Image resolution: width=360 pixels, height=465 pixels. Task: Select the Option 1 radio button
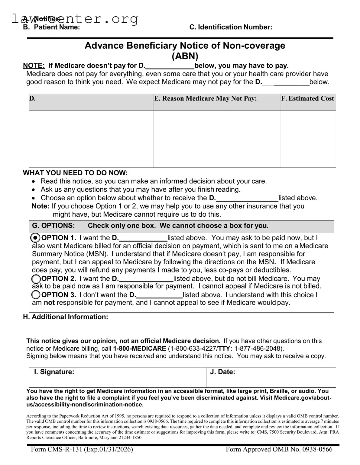[36, 238]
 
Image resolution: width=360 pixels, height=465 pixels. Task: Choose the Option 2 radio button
[36, 279]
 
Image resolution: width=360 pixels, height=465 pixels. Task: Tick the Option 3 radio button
[36, 295]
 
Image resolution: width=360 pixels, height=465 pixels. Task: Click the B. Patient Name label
[52, 27]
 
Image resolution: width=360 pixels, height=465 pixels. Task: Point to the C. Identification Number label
[231, 27]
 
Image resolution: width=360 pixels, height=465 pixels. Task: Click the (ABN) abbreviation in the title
[185, 56]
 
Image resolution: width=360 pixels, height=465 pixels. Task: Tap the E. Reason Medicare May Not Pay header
[206, 99]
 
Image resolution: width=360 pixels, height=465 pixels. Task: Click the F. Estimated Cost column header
[308, 99]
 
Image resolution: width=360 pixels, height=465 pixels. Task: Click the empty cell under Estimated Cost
[308, 139]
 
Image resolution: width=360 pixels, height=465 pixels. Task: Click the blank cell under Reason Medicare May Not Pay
[217, 139]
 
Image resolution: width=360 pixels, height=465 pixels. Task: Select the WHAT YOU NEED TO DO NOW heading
[75, 173]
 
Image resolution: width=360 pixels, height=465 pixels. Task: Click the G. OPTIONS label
[53, 226]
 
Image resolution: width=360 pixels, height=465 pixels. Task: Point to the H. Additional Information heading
[65, 317]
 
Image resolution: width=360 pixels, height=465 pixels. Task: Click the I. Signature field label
[54, 372]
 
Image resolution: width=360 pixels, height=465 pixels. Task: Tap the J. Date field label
[222, 372]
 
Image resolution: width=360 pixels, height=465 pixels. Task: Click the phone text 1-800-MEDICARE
[139, 349]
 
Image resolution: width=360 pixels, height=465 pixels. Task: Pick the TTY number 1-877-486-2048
[258, 349]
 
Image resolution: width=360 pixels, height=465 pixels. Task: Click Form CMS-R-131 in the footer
[82, 449]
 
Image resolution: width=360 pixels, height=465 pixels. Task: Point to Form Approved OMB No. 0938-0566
[279, 449]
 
